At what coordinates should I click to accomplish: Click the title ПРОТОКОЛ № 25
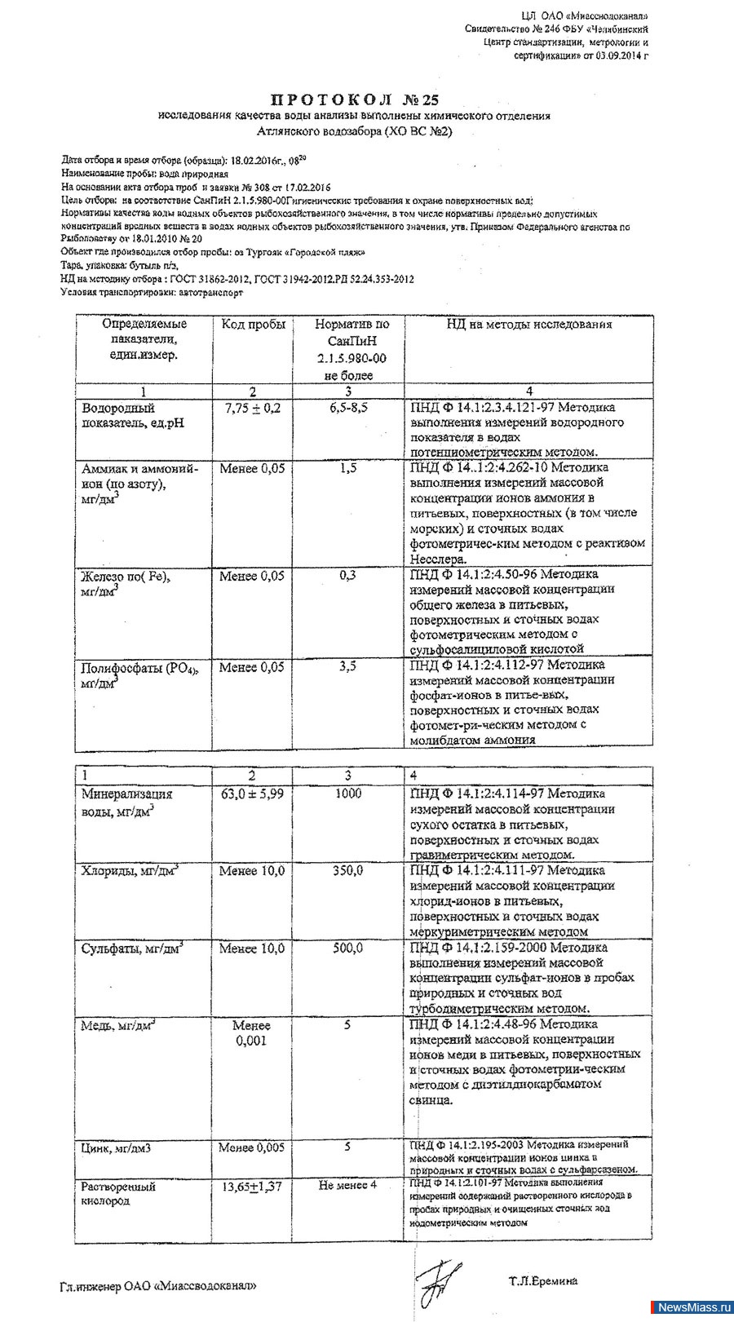pyautogui.click(x=353, y=100)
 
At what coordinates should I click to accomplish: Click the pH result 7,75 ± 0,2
pyautogui.click(x=252, y=408)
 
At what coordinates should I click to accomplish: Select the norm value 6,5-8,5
pyautogui.click(x=348, y=408)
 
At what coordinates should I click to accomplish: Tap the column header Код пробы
pyautogui.click(x=253, y=325)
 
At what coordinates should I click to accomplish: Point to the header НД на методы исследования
pyautogui.click(x=528, y=325)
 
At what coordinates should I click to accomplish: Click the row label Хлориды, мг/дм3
pyautogui.click(x=130, y=871)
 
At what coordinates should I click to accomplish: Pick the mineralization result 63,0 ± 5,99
pyautogui.click(x=252, y=794)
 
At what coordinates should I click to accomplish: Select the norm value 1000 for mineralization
pyautogui.click(x=348, y=794)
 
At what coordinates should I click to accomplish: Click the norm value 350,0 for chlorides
pyautogui.click(x=348, y=871)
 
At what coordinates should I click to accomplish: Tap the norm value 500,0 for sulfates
pyautogui.click(x=348, y=948)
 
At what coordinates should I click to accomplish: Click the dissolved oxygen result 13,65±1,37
pyautogui.click(x=252, y=1187)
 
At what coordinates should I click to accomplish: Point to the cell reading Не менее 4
pyautogui.click(x=348, y=1185)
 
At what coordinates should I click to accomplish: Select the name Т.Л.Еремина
pyautogui.click(x=543, y=1281)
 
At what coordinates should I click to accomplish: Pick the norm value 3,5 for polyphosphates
pyautogui.click(x=348, y=666)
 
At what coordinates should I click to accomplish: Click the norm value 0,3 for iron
pyautogui.click(x=348, y=576)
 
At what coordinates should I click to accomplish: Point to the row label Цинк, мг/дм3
pyautogui.click(x=117, y=1148)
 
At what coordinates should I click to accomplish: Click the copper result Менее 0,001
pyautogui.click(x=251, y=1033)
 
